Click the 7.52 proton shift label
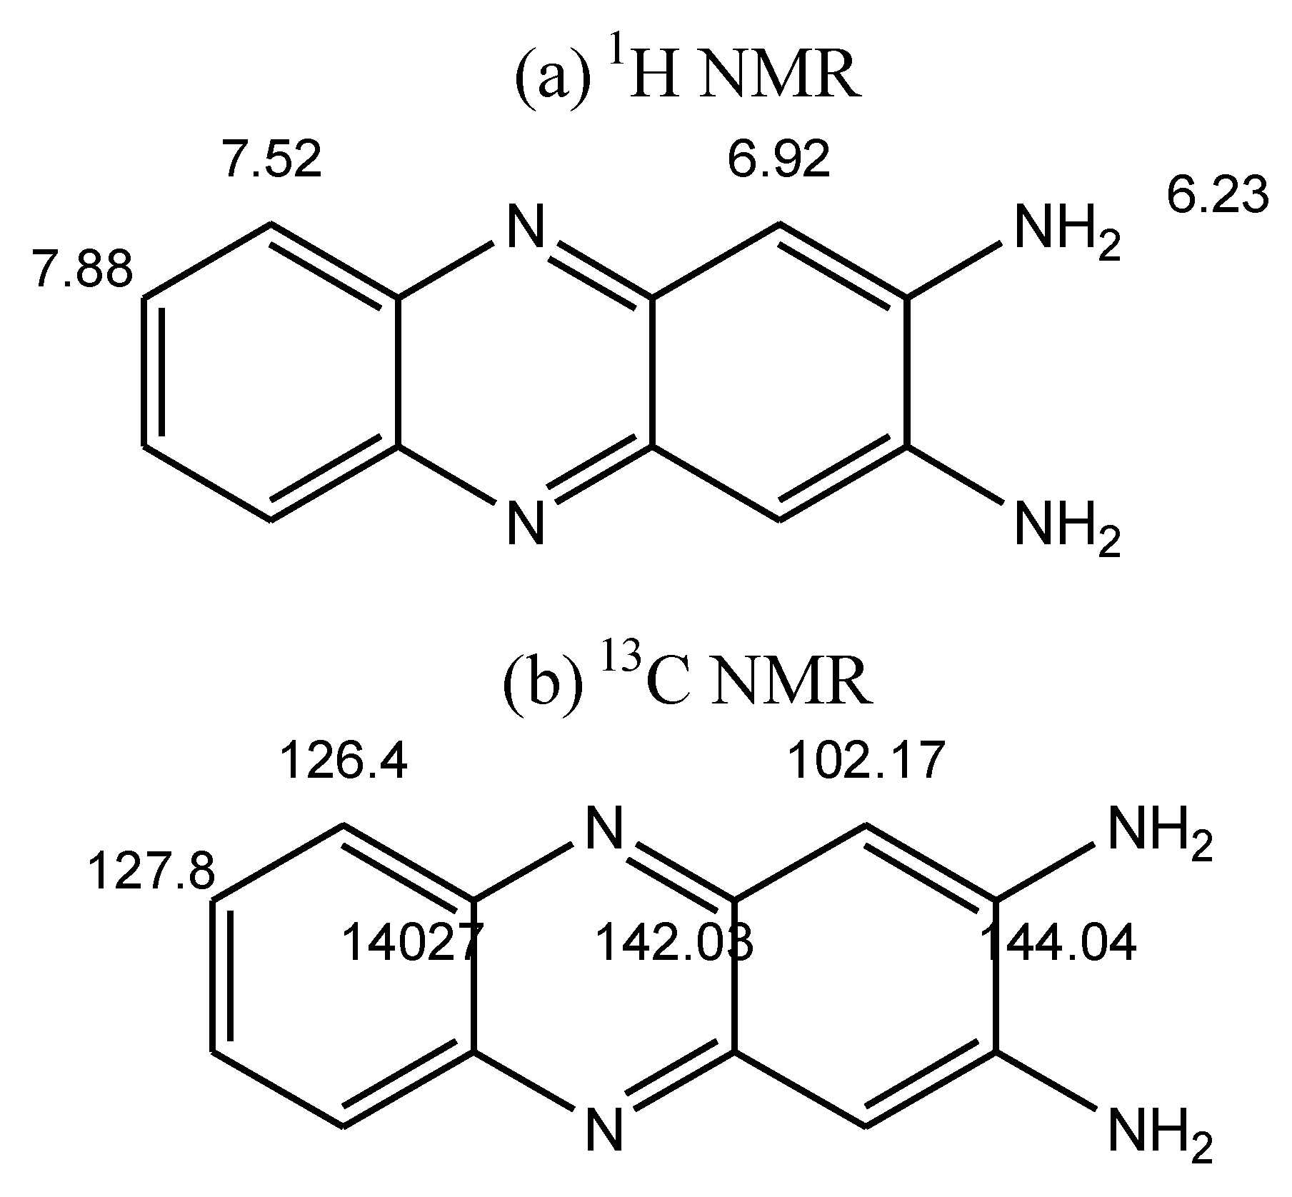272,159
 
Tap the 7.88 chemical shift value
83,271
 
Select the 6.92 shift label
779,159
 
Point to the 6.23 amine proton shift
1218,196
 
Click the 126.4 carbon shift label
344,761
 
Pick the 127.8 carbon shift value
151,872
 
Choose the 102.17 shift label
866,761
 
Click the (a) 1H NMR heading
687,81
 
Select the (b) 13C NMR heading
687,681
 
